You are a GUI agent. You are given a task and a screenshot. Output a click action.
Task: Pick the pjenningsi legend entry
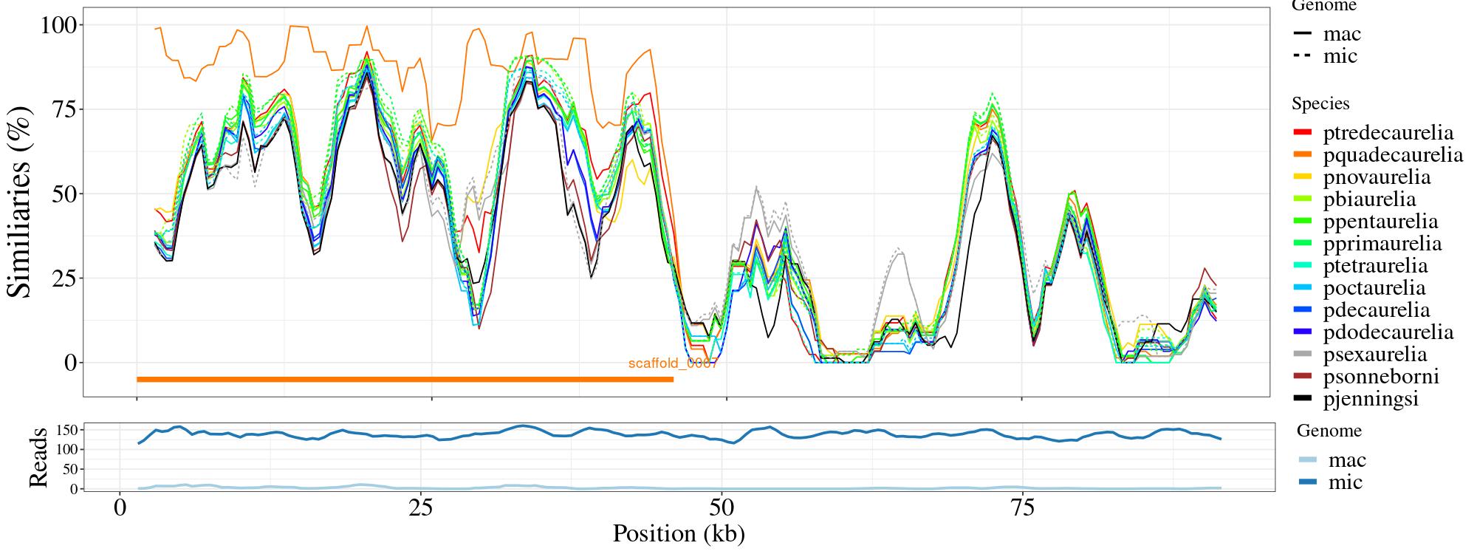point(1371,399)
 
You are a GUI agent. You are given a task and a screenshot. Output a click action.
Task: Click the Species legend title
point(1320,104)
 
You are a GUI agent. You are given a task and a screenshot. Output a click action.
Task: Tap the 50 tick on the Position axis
point(721,510)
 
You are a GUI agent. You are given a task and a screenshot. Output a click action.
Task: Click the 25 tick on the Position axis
point(419,510)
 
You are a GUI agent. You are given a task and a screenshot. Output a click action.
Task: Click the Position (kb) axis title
point(678,533)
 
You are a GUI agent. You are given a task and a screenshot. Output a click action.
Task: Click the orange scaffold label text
point(673,363)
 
